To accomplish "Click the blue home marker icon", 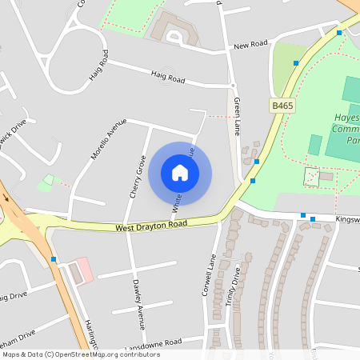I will (180, 173).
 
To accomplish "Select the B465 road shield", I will (281, 106).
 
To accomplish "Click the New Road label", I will (250, 45).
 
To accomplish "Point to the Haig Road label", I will (167, 78).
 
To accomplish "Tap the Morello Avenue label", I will (109, 138).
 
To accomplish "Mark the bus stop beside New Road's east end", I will (339, 33).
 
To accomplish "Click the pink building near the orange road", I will (82, 270).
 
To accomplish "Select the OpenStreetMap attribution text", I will (80, 354).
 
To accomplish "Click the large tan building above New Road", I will (175, 29).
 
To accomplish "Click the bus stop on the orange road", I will (54, 259).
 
